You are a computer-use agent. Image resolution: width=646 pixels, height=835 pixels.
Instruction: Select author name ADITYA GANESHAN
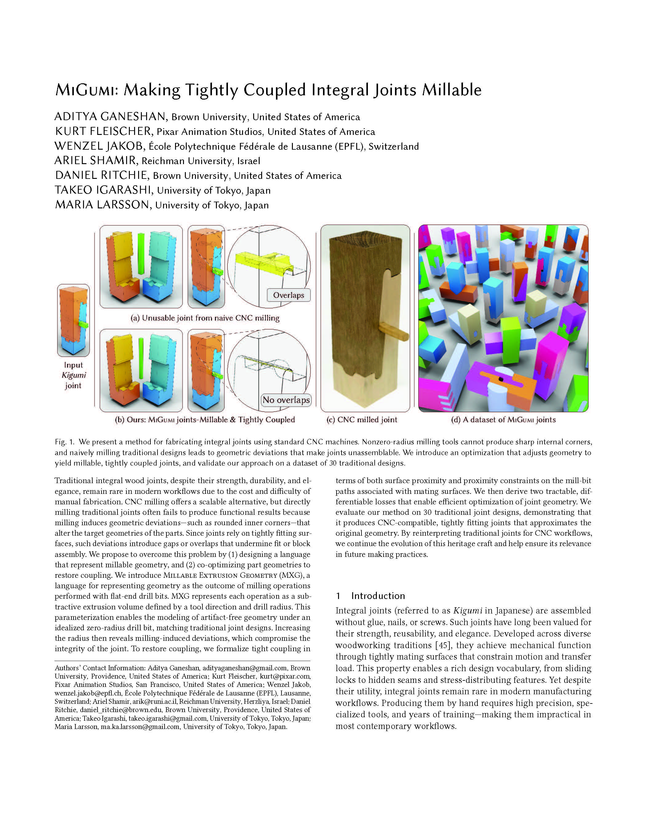point(110,116)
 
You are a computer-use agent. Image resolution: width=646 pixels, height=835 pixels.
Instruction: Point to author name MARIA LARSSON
point(102,205)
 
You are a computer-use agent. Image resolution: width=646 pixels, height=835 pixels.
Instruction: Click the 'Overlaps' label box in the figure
point(288,295)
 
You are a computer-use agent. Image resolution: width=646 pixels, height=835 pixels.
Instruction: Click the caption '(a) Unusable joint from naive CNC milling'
point(205,318)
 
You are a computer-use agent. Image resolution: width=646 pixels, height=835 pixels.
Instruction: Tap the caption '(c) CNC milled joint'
point(362,420)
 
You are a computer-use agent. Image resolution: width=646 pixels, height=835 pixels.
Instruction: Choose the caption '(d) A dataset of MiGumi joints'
point(503,420)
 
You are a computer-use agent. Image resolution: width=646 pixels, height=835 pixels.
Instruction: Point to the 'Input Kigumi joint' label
point(73,375)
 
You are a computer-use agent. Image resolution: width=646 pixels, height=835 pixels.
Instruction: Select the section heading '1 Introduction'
point(370,596)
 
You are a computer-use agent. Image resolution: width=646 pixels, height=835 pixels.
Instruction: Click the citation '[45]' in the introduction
point(442,645)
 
